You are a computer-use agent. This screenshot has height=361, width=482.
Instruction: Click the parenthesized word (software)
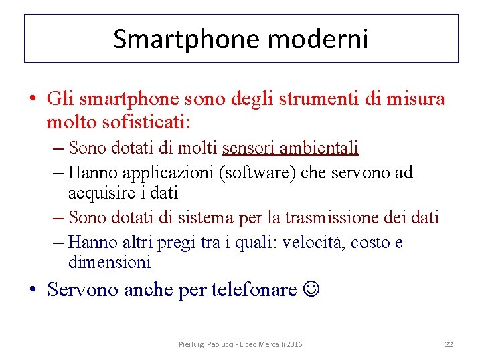(258, 172)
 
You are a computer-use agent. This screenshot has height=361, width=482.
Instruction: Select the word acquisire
(98, 193)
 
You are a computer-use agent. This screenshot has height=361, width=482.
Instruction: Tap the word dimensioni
(109, 262)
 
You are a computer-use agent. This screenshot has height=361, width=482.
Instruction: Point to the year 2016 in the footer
(294, 344)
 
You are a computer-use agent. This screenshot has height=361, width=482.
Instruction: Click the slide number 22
(449, 344)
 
